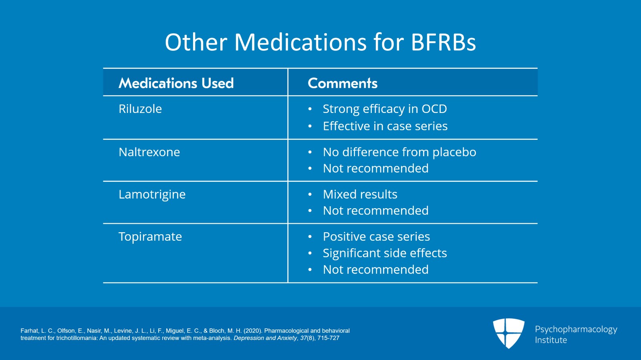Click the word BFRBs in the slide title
[x=443, y=42]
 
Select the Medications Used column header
[x=176, y=83]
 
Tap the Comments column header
[x=343, y=83]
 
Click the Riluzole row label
[x=140, y=109]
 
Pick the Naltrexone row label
[x=149, y=152]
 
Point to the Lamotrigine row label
[x=152, y=195]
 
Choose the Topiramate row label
[x=150, y=237]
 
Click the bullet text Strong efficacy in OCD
[x=385, y=109]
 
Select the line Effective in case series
[x=385, y=126]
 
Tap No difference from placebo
[x=399, y=153]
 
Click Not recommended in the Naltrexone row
[x=376, y=168]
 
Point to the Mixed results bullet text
[x=360, y=194]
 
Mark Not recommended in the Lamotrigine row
[x=376, y=211]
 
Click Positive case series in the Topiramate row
[x=376, y=237]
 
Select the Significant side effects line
[x=385, y=253]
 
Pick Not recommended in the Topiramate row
[x=376, y=269]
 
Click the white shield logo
[x=508, y=333]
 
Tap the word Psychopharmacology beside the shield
[x=576, y=330]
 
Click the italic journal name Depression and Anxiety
[x=265, y=338]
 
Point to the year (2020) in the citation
[x=253, y=331]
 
